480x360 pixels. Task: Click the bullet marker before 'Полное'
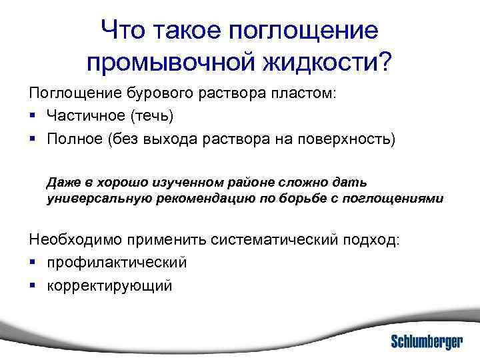pos(33,139)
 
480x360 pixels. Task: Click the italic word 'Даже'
pos(63,182)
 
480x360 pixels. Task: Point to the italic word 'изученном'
pos(167,182)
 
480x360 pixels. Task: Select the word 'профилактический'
pos(117,263)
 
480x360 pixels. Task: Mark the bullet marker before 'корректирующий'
pos(33,286)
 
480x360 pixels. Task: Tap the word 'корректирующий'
pos(110,286)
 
